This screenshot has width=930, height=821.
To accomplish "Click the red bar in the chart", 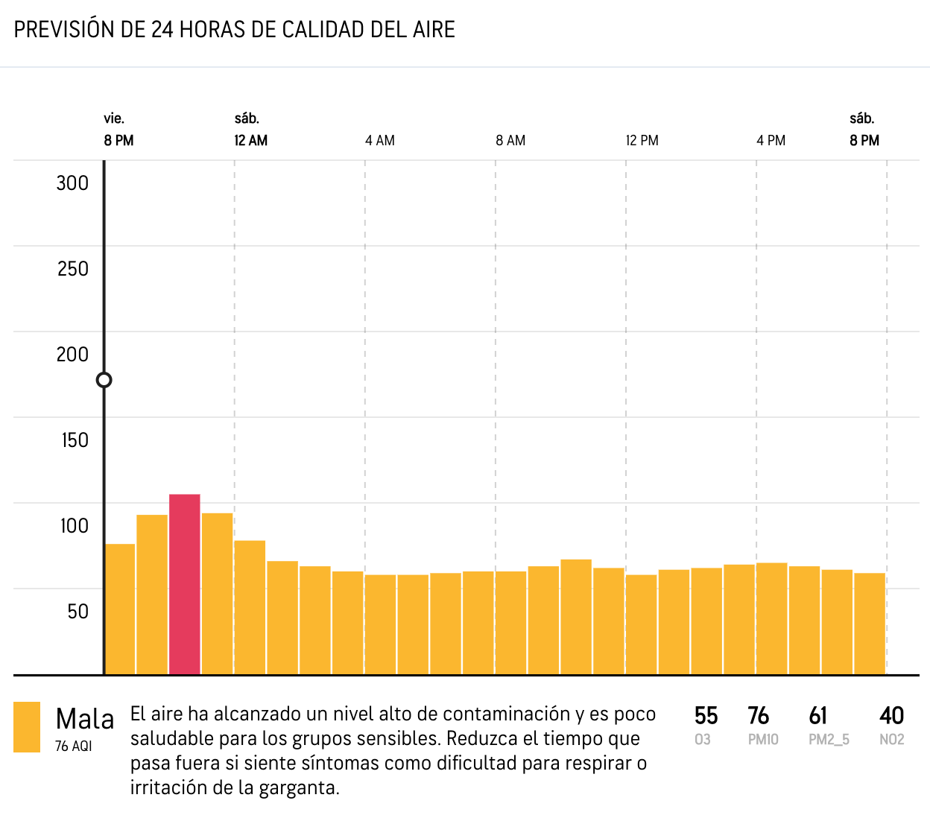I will (x=185, y=584).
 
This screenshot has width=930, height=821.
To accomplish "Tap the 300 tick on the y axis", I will (x=72, y=183).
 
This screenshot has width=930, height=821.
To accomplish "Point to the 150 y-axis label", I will (x=75, y=440).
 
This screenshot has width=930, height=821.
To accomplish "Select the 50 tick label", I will (x=77, y=612).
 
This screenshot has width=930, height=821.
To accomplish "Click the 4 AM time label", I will (x=380, y=141).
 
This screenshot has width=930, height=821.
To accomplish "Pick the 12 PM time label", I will (x=642, y=141).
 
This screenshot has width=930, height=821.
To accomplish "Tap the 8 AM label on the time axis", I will (x=510, y=141).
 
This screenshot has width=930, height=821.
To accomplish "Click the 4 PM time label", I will (x=771, y=141).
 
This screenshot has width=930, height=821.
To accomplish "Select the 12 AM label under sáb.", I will (x=250, y=141).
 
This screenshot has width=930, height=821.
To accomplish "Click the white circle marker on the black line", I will (x=104, y=380).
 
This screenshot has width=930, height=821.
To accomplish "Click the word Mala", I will (x=85, y=720).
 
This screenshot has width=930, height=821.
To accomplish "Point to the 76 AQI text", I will (x=73, y=746).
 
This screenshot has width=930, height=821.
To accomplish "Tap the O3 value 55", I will (x=706, y=716).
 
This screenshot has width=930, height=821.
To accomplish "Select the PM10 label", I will (x=763, y=740).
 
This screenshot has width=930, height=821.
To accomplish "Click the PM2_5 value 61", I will (x=818, y=716).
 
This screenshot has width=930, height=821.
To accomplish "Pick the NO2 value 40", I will (x=891, y=716).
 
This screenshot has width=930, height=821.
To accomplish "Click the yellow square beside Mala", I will (x=27, y=727).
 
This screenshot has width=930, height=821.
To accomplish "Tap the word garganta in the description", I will (x=298, y=788).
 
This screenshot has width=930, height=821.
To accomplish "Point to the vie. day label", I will (x=114, y=118).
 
